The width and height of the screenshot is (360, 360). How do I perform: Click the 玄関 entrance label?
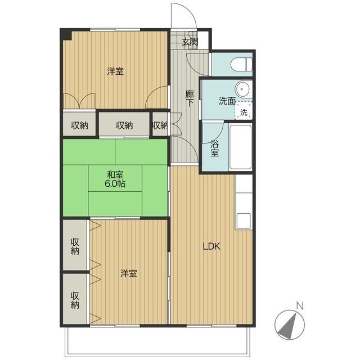coord(190,42)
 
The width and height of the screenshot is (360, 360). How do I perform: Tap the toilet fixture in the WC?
coord(242,64)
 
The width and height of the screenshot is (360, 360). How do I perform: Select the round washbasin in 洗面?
coord(242,89)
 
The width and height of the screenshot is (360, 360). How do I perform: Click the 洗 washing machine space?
coord(244,110)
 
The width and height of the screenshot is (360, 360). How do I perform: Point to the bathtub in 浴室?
coord(240,147)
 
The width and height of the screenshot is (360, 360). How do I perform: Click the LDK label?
coord(211,246)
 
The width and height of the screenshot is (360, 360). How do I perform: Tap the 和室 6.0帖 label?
coord(115,179)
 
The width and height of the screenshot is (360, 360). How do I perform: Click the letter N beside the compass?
coord(300,306)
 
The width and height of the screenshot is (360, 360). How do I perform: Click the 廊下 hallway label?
coord(190,98)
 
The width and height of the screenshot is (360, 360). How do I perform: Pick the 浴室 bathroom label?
coord(215,148)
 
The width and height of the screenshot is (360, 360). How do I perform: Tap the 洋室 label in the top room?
coord(115,71)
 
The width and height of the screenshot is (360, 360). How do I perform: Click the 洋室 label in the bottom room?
coord(129,273)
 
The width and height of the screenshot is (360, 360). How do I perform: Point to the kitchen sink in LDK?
coord(244,221)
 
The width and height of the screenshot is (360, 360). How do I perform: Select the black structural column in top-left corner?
coord(66,35)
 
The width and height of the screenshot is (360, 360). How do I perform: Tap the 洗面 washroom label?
coord(227,101)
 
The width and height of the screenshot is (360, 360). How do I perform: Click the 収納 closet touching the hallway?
coord(160,125)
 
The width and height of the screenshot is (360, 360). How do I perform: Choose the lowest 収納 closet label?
coord(75,300)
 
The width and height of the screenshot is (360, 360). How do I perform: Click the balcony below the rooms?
coord(157,341)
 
